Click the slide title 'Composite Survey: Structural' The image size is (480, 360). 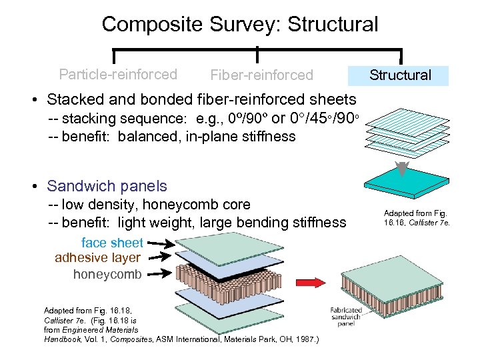click(239, 25)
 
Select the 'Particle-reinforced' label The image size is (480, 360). click(118, 74)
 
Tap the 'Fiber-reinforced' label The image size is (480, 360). click(261, 75)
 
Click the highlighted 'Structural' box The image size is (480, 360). click(400, 75)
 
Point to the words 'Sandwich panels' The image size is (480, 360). click(107, 186)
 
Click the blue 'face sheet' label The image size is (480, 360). click(112, 243)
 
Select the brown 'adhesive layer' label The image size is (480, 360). click(97, 258)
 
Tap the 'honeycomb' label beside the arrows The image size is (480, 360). click(107, 274)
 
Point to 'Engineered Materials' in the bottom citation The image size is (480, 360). click(94, 330)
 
